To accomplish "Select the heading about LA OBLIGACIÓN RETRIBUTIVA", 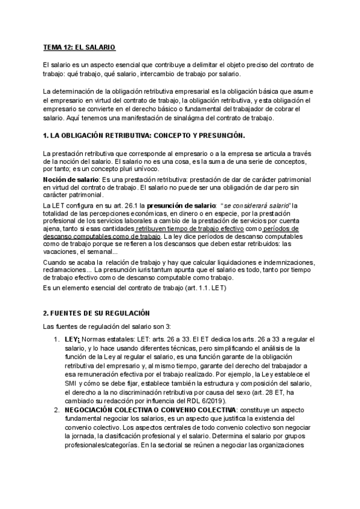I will pos(144,135).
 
